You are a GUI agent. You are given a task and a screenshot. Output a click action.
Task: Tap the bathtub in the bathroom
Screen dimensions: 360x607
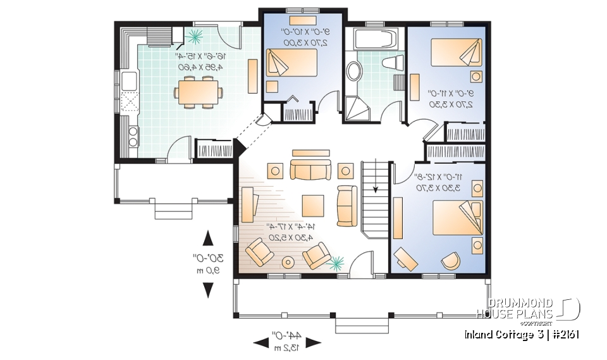point(376,39)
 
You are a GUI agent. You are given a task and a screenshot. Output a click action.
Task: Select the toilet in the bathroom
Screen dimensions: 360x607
point(393,62)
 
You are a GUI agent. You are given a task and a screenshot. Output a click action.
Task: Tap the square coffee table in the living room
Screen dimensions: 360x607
point(313,205)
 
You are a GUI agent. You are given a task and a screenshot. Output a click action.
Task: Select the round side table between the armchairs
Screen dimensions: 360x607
point(288,261)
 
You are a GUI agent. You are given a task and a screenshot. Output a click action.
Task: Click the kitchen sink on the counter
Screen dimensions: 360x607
point(130,81)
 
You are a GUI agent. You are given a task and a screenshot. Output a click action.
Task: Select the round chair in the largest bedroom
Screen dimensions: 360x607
point(450,260)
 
